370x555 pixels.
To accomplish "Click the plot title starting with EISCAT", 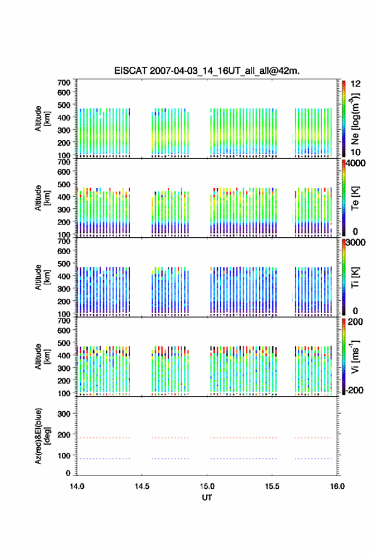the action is point(207,71).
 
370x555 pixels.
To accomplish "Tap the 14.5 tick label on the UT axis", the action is point(142,486).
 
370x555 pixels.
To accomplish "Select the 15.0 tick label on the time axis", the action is point(207,486).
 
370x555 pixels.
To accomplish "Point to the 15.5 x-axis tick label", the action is point(272,486).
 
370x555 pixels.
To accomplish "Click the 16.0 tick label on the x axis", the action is point(337,486).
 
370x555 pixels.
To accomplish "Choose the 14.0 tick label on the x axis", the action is point(77,486).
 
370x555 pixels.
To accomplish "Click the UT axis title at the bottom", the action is point(207,498).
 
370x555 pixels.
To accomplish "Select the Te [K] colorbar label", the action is point(355,198).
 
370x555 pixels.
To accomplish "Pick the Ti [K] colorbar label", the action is point(355,277).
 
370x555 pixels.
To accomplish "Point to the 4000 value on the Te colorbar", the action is point(356,164).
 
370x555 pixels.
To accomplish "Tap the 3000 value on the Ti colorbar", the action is point(356,243).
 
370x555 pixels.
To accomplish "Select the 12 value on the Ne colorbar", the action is point(356,85).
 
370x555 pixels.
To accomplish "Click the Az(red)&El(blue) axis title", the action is point(43,436).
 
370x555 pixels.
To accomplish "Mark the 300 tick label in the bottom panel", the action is point(64,414).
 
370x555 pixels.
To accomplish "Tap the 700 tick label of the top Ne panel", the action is point(64,83).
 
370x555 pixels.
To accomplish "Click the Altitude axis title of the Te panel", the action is point(42,198).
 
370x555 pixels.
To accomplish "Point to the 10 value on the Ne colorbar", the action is point(356,153).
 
